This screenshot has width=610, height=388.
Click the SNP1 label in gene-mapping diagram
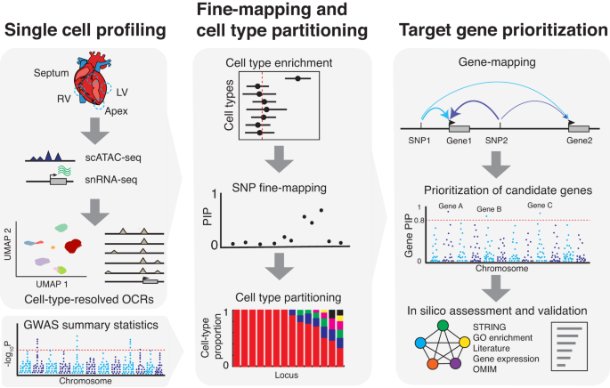coord(419,141)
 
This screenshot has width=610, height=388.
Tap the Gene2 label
coord(580,141)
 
